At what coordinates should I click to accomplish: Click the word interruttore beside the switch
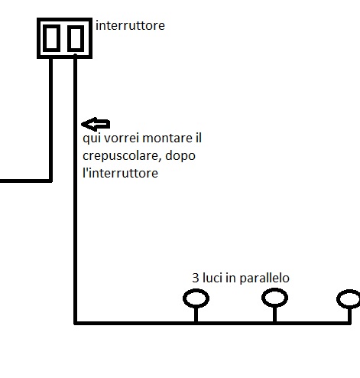pyautogui.click(x=130, y=26)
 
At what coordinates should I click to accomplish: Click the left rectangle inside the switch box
pyautogui.click(x=51, y=38)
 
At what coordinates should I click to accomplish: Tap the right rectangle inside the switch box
pyautogui.click(x=75, y=38)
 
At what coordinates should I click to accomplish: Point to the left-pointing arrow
pyautogui.click(x=96, y=124)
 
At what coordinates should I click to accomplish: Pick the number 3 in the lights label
pyautogui.click(x=195, y=278)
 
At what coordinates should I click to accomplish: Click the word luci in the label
pyautogui.click(x=215, y=278)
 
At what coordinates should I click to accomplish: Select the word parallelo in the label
pyautogui.click(x=264, y=278)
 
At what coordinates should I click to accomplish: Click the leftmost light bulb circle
pyautogui.click(x=196, y=298)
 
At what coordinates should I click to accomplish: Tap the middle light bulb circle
pyautogui.click(x=274, y=298)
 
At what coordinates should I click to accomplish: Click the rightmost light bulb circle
pyautogui.click(x=349, y=298)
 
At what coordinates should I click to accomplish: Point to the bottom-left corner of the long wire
pyautogui.click(x=76, y=322)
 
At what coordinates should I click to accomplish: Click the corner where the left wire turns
pyautogui.click(x=50, y=181)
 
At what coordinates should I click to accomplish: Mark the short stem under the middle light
pyautogui.click(x=274, y=314)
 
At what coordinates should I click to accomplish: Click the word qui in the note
pyautogui.click(x=91, y=138)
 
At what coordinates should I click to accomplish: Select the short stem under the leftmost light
pyautogui.click(x=196, y=314)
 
